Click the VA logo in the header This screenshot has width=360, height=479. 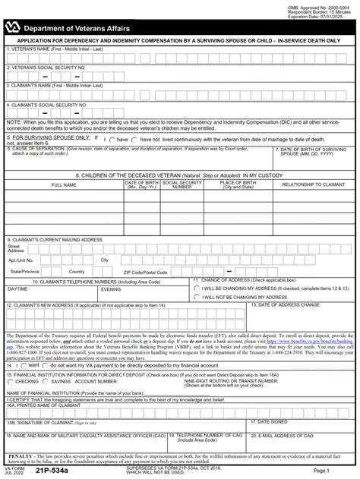(x=14, y=27)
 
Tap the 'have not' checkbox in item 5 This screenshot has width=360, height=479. (x=137, y=139)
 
